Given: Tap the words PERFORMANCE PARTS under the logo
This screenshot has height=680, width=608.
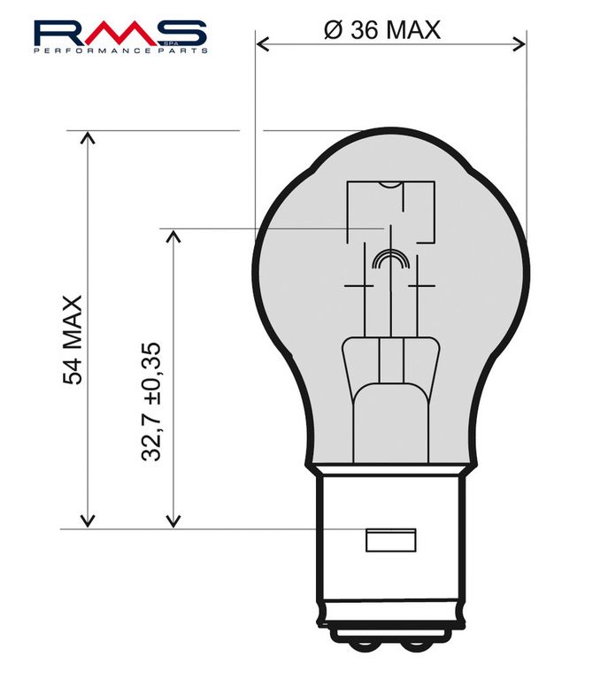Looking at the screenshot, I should [120, 51].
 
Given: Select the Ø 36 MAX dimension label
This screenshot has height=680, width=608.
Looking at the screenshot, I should [383, 30].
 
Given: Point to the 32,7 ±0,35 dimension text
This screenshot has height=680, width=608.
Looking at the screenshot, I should [151, 401].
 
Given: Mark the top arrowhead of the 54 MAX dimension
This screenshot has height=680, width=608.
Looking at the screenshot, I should [87, 138].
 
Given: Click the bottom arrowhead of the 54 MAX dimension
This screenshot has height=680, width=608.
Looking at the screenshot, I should [87, 522].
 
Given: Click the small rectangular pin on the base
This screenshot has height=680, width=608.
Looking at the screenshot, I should [390, 538].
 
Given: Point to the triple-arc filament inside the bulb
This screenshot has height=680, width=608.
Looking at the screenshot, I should [390, 259].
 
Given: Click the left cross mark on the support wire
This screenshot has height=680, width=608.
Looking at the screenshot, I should [358, 286].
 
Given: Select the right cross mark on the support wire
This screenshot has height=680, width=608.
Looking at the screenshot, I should [419, 286].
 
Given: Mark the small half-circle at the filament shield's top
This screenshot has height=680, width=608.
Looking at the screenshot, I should [389, 185].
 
